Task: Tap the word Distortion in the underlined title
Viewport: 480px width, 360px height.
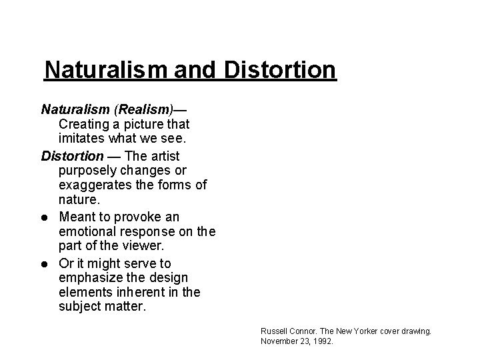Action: (x=280, y=69)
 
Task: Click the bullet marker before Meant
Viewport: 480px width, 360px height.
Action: (x=45, y=217)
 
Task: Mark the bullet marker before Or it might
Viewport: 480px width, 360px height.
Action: (x=45, y=264)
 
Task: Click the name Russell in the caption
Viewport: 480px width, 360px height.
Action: (x=273, y=331)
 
